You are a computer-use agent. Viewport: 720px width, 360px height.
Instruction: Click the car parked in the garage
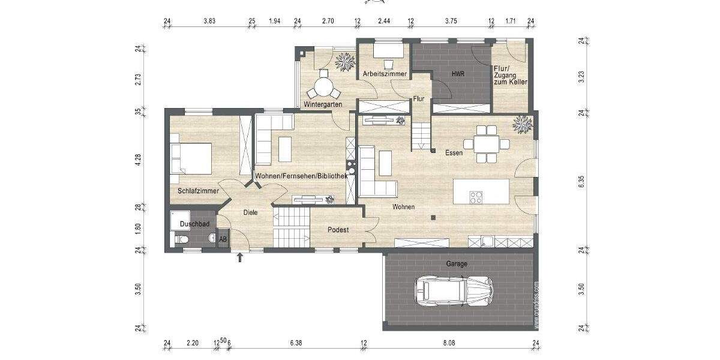454,291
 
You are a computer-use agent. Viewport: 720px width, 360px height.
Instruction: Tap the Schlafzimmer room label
197,191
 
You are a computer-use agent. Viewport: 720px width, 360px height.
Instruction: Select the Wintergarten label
323,104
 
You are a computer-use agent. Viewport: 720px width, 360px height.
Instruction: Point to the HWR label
458,74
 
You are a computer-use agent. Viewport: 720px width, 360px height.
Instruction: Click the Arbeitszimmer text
385,74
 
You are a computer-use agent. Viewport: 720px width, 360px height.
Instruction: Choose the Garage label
456,263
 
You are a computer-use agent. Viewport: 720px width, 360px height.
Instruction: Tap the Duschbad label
194,224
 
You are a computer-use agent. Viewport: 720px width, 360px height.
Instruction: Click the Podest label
338,230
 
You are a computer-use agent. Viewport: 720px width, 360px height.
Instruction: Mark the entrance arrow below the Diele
240,258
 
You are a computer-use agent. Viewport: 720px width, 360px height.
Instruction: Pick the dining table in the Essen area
486,144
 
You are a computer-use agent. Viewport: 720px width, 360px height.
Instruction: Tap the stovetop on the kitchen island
476,197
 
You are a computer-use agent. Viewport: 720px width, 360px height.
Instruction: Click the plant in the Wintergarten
345,61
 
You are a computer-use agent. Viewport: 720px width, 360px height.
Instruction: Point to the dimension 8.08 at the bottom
449,343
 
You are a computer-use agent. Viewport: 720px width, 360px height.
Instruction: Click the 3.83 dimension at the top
209,21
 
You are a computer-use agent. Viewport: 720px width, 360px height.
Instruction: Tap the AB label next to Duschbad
223,239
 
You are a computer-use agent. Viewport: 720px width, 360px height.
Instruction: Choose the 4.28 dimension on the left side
138,160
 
